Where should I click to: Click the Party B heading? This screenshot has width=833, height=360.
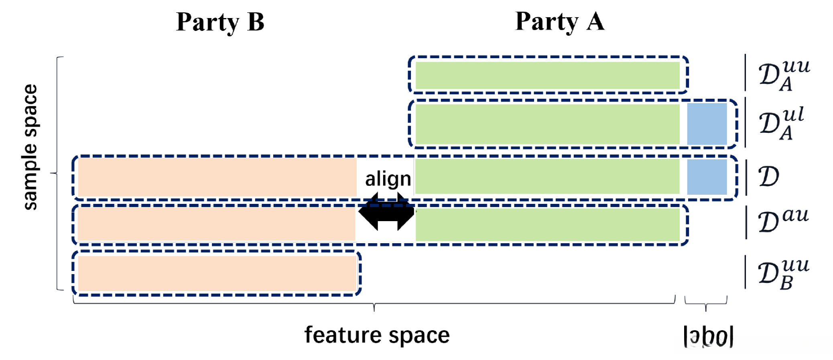tap(220, 22)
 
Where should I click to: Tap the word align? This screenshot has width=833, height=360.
tap(388, 179)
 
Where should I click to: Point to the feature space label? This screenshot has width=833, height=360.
tap(377, 335)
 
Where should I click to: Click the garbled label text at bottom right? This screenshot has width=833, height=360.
tap(709, 336)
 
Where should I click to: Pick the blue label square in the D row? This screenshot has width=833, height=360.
tap(707, 177)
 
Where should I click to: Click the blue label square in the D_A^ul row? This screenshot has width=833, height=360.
tap(707, 124)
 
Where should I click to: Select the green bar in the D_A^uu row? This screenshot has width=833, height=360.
tap(547, 75)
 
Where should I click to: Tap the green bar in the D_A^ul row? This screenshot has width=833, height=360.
tap(547, 124)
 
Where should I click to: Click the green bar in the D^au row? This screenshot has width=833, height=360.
tap(547, 224)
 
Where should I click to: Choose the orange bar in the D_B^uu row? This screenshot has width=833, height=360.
tap(217, 273)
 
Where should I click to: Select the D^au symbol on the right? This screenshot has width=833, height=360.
tap(782, 221)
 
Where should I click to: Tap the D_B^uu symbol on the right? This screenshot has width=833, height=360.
tap(783, 274)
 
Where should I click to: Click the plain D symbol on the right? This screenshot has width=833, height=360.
tap(768, 177)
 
